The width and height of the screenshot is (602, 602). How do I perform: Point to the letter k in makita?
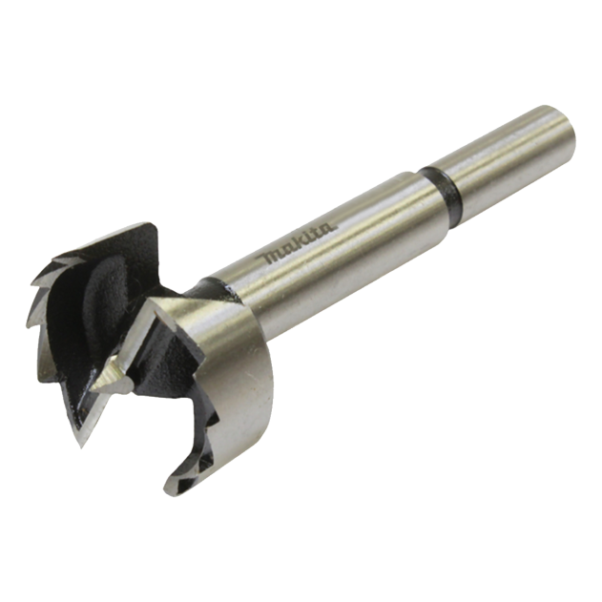[294, 247]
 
